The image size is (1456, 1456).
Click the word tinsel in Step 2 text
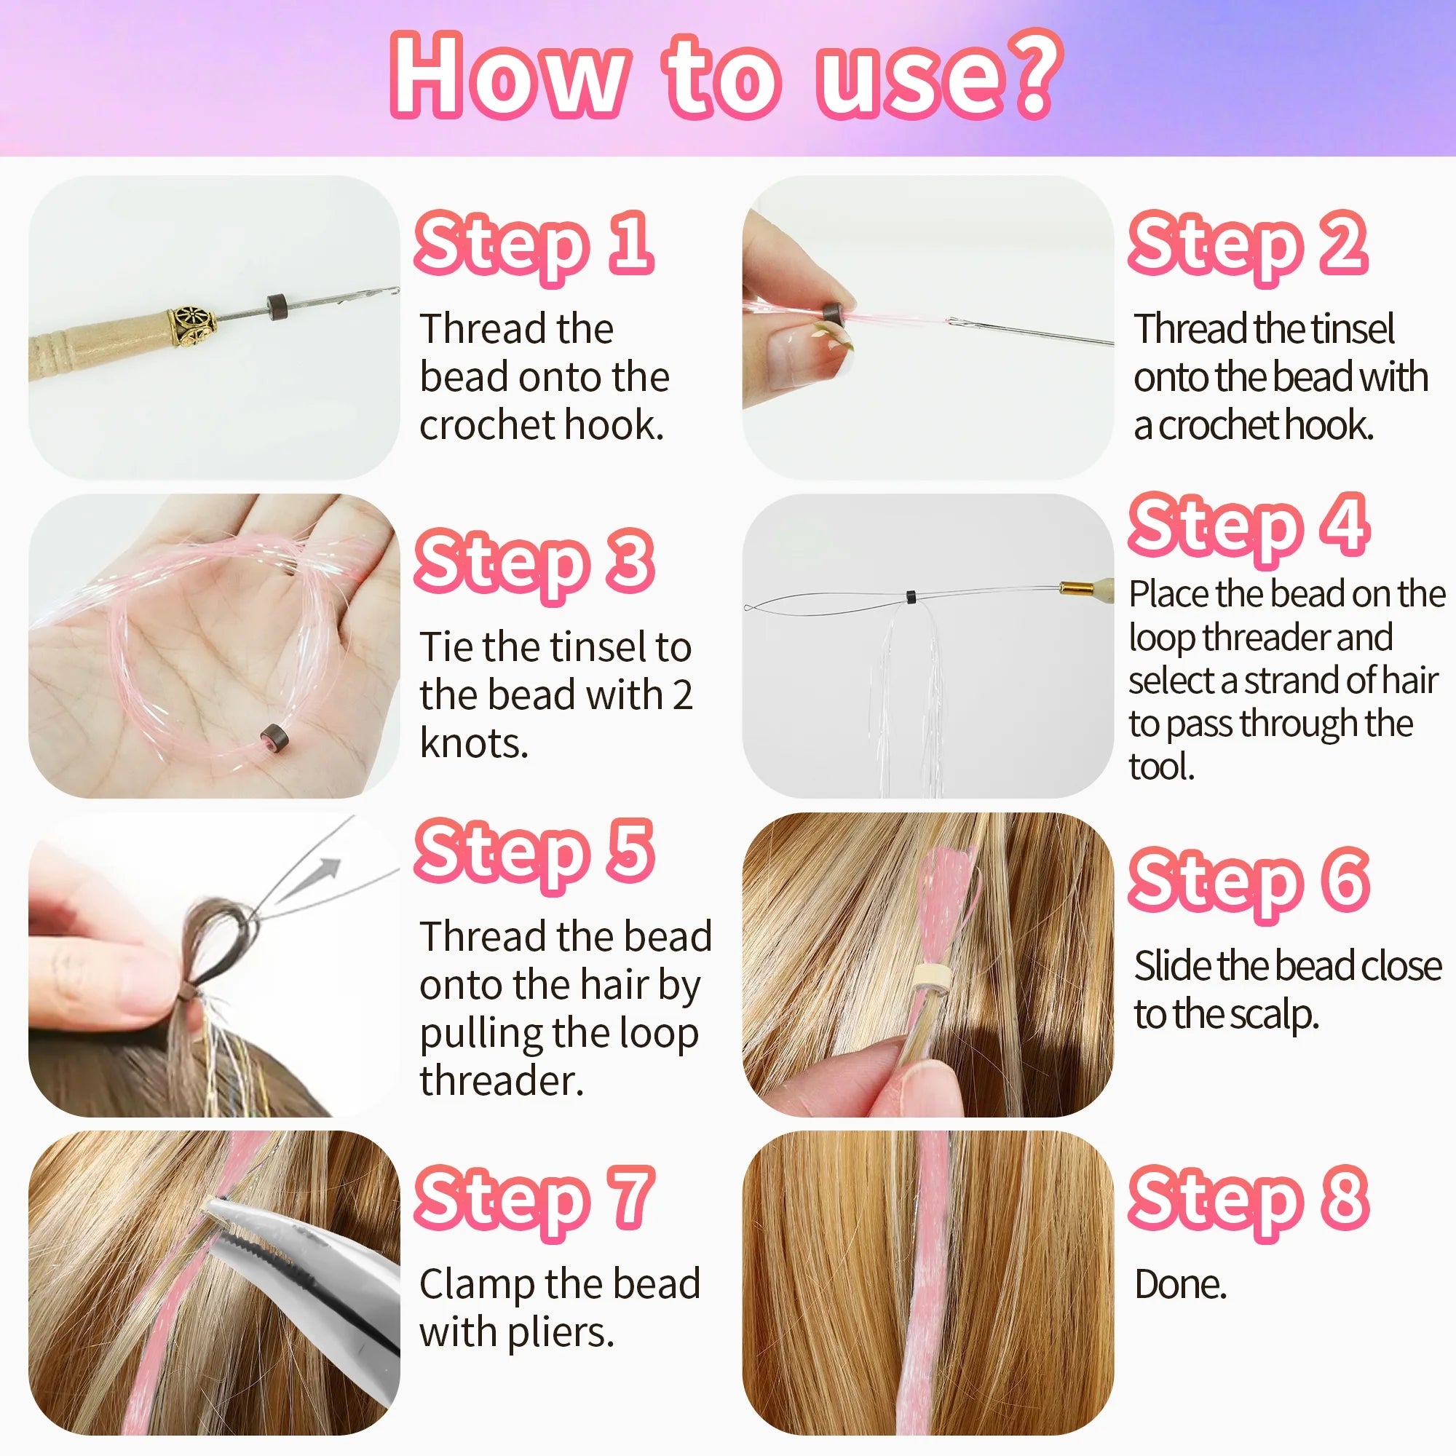1353,328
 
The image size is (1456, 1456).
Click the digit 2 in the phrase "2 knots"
682,695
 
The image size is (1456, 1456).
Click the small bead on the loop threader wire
911,597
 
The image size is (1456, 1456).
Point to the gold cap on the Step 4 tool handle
1075,588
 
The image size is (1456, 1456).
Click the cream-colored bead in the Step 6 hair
932,978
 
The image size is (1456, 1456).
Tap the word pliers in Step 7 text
560,1332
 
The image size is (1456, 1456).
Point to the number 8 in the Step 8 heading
1345,1197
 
